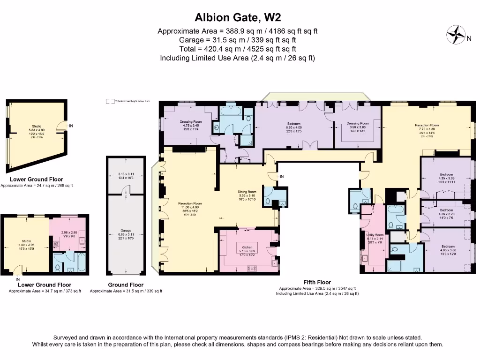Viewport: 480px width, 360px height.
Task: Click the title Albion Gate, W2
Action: (238, 18)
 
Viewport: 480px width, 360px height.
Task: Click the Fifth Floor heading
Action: (317, 282)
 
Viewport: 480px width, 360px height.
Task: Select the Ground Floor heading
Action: (126, 285)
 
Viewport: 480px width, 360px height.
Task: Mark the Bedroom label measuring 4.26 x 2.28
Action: (446, 210)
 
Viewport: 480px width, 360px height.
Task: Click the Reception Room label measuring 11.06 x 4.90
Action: (189, 203)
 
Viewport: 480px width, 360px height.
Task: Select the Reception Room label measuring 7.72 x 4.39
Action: (427, 125)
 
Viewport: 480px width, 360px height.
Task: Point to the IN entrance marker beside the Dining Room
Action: (282, 177)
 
